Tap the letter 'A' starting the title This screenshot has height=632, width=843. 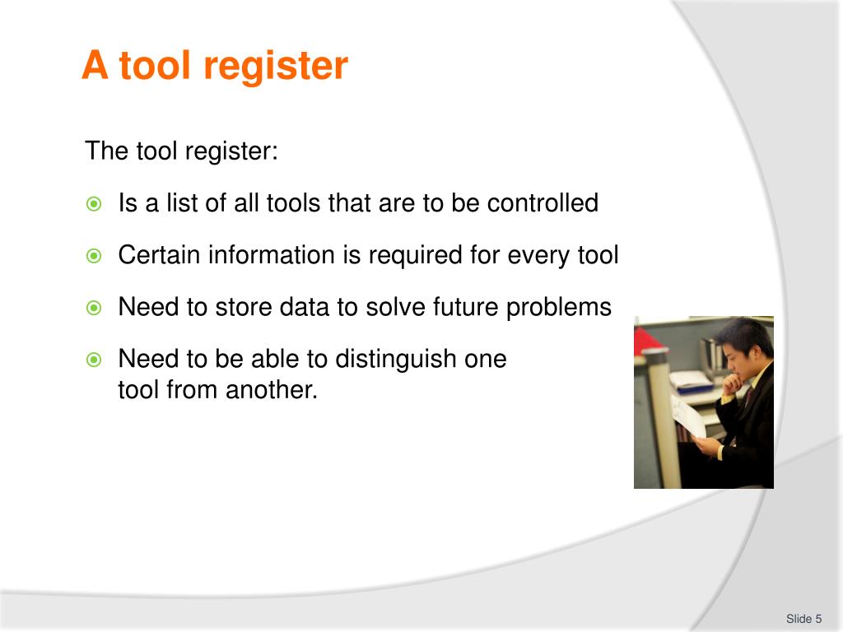pos(95,66)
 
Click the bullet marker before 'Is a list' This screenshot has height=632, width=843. pos(94,204)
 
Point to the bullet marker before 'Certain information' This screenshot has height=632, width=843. pos(94,256)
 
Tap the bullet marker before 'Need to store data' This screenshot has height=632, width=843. pos(94,308)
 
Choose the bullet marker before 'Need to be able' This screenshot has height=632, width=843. pos(94,360)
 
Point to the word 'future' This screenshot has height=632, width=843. pos(463,307)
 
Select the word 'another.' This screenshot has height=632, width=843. pos(272,389)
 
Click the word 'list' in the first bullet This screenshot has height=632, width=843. pos(182,203)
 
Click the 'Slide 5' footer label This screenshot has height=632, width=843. pos(803,619)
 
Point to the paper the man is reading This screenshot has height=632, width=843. pos(688,416)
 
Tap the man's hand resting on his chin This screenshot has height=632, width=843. pos(742,379)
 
